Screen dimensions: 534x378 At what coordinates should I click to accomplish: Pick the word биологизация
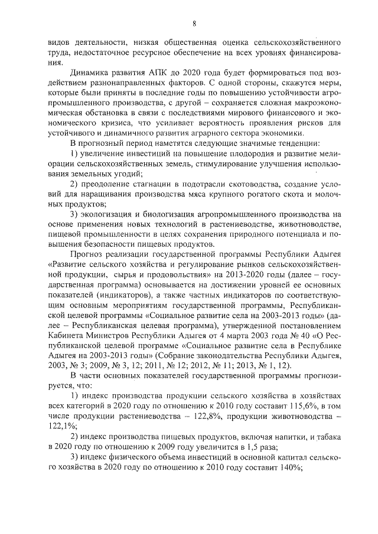click(x=176, y=214)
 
